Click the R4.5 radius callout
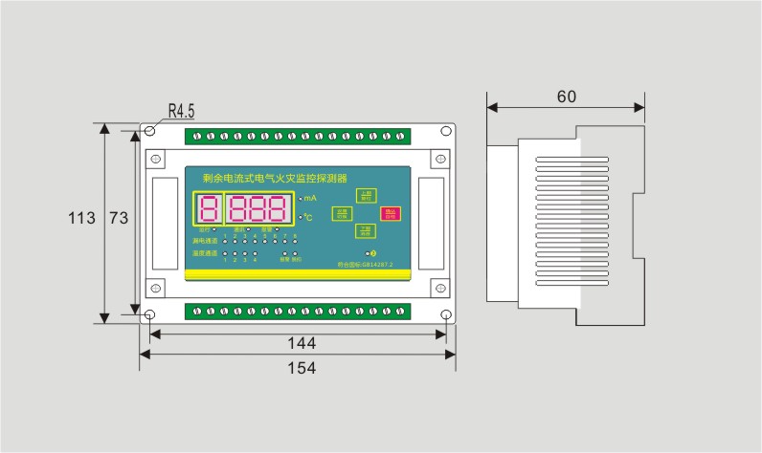(181, 111)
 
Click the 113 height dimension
(81, 219)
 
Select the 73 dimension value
(118, 219)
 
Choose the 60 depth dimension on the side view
(566, 97)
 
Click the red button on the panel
(390, 214)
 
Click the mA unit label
(310, 198)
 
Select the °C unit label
(308, 219)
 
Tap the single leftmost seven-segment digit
(209, 209)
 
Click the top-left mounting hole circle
(150, 130)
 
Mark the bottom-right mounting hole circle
(446, 315)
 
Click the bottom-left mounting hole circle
(150, 315)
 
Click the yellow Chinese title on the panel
(275, 178)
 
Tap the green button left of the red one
(341, 214)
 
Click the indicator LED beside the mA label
(300, 198)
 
